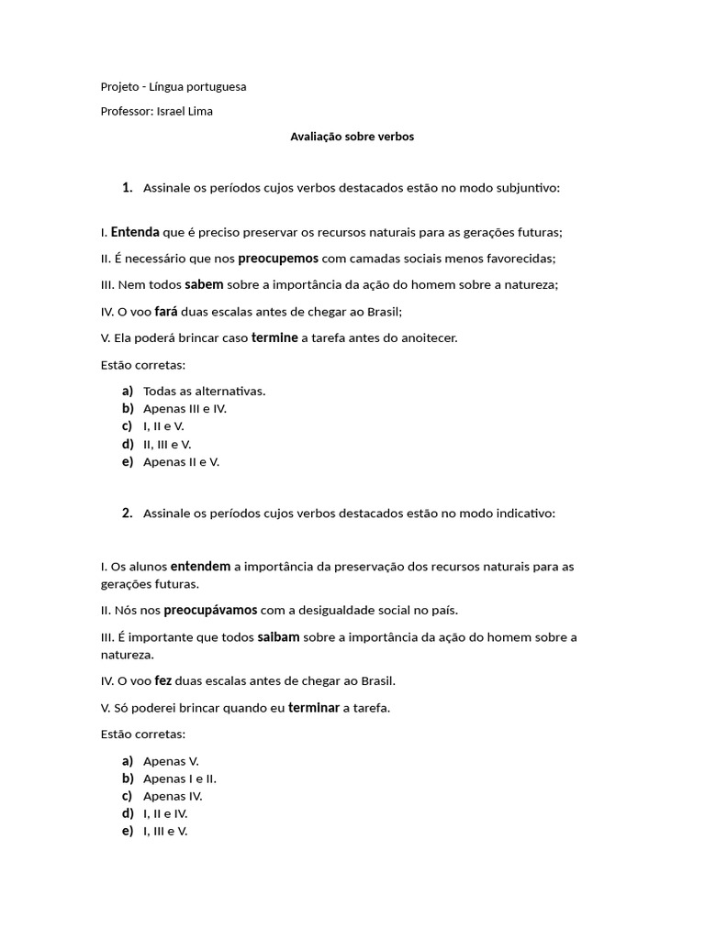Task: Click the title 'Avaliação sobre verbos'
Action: tap(352, 137)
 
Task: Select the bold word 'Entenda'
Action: tap(135, 232)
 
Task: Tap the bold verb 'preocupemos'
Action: tap(278, 259)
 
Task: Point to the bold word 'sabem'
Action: tap(204, 284)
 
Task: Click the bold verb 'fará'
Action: tap(166, 311)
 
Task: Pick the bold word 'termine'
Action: tap(274, 337)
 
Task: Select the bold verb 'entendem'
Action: tap(200, 566)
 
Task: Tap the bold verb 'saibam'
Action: tap(278, 636)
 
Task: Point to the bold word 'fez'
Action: tap(163, 680)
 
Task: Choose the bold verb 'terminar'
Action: tap(314, 707)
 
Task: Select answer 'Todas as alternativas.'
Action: tap(204, 392)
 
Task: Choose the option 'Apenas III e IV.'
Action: tap(185, 409)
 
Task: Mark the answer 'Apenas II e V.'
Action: tap(181, 462)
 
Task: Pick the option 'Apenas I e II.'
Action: tap(180, 779)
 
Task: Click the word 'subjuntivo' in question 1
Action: tap(525, 188)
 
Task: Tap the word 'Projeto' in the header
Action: tap(121, 86)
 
